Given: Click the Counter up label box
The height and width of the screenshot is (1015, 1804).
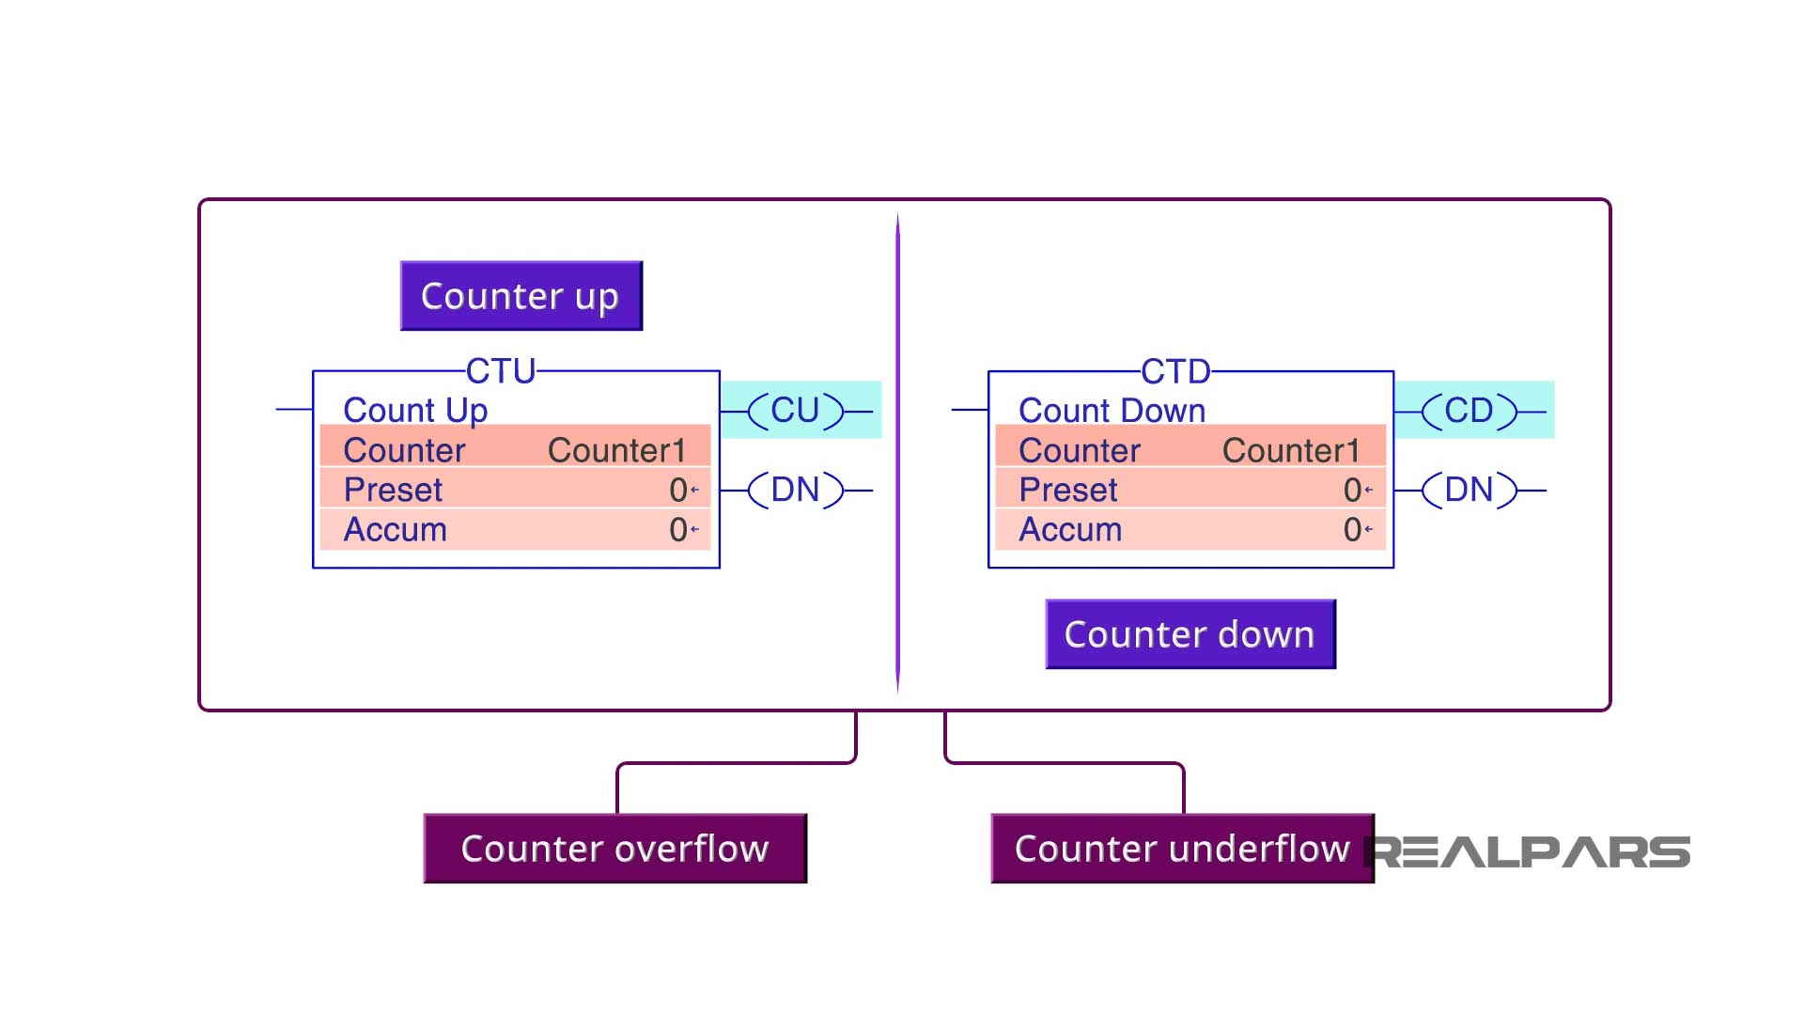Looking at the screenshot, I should pyautogui.click(x=521, y=296).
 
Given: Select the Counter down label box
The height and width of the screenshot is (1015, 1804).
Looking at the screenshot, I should pyautogui.click(x=1190, y=634).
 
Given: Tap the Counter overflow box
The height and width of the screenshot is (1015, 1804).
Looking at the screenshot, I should pyautogui.click(x=615, y=849).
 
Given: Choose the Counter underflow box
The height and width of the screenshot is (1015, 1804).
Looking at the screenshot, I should pyautogui.click(x=1182, y=849).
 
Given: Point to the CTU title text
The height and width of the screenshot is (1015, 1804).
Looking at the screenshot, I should pyautogui.click(x=501, y=371).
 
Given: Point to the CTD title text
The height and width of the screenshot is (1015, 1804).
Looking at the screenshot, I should pyautogui.click(x=1175, y=371).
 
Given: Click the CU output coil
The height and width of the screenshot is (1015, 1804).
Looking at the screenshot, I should pyautogui.click(x=795, y=411).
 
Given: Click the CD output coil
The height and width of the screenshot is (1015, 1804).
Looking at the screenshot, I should pyautogui.click(x=1469, y=411).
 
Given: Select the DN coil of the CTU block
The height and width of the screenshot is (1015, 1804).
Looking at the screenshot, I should pyautogui.click(x=795, y=490).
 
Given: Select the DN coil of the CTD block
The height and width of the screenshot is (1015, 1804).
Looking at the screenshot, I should pyautogui.click(x=1469, y=490).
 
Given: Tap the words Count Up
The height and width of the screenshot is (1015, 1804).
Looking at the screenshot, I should pyautogui.click(x=415, y=411).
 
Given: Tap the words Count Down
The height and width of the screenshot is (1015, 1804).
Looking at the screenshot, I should pyautogui.click(x=1112, y=411).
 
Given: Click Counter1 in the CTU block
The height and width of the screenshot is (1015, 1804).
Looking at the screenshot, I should pyautogui.click(x=616, y=450).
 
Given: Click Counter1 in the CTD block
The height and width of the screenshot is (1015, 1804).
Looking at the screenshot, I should pyautogui.click(x=1291, y=450).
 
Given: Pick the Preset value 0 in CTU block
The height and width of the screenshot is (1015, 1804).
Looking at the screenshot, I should pyautogui.click(x=678, y=490).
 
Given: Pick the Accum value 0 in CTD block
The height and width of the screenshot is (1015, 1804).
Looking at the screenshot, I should pyautogui.click(x=1353, y=530).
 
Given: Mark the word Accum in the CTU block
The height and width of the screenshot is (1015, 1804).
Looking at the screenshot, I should pyautogui.click(x=395, y=530).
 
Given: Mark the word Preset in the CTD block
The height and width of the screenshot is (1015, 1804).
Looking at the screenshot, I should pyautogui.click(x=1068, y=490).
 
